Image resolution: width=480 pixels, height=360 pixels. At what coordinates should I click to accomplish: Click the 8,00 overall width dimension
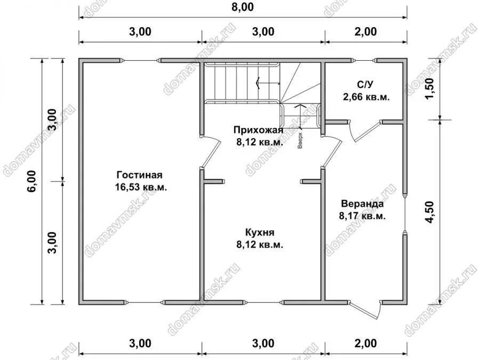tap(243, 7)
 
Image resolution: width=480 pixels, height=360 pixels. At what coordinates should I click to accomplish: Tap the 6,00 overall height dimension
tap(32, 181)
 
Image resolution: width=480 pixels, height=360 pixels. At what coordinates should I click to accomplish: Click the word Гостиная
tap(139, 175)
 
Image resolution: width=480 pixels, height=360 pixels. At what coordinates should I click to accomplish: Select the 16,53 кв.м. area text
tap(141, 187)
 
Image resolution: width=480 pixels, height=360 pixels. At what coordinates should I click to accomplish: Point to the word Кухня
tap(260, 233)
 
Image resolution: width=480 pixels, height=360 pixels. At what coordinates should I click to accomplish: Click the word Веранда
tap(363, 204)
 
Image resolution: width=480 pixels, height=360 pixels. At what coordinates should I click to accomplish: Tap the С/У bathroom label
tap(365, 84)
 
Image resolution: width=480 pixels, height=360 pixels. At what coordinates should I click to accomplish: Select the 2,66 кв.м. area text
tap(366, 97)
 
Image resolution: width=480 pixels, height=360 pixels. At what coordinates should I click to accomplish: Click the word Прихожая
tap(258, 130)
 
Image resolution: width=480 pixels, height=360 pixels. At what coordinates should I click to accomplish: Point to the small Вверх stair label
tap(300, 140)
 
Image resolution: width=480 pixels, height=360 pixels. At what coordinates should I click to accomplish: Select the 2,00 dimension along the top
tap(365, 31)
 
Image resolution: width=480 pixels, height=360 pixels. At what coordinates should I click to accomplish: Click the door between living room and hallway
tap(211, 151)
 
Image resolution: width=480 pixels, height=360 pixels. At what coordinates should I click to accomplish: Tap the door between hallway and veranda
tap(332, 151)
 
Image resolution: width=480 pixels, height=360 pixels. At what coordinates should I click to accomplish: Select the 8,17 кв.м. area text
tap(362, 216)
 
